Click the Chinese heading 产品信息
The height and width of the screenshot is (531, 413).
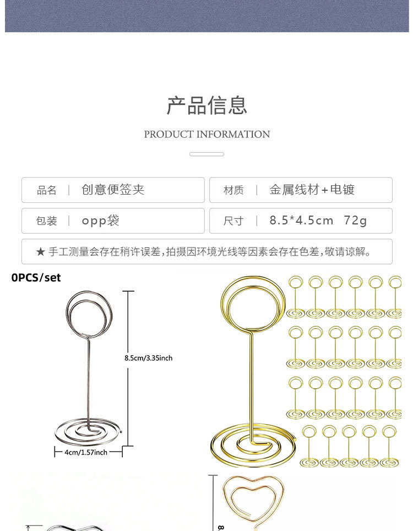coord(206,105)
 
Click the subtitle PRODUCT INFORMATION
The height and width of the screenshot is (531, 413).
coord(206,134)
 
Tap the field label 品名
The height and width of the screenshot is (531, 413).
coord(47,190)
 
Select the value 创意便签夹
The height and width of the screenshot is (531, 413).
coord(113,190)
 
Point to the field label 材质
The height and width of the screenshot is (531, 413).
coord(233,190)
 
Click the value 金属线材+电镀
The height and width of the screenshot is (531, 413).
coord(312,190)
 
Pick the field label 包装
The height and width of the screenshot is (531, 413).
coord(47,221)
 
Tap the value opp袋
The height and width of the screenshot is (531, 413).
coord(101,221)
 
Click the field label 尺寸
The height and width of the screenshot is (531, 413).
coord(233,221)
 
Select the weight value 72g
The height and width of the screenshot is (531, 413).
coord(355,221)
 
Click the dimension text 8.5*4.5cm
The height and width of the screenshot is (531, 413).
coord(301,221)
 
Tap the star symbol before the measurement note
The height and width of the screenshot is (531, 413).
coord(40,252)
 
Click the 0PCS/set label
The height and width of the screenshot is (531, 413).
coord(36,278)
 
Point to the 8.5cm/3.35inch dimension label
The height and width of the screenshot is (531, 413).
coord(149,358)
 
